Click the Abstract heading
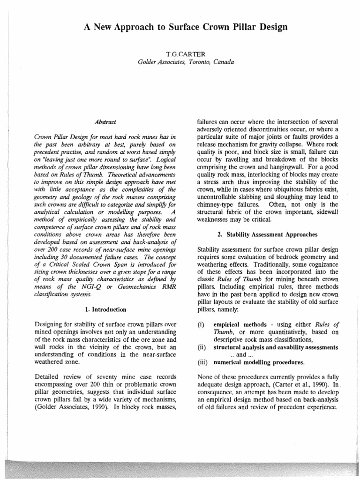(105, 122)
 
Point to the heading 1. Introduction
(105, 309)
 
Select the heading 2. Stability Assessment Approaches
(265, 234)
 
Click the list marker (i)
(201, 325)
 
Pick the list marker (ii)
(202, 347)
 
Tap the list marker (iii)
(202, 362)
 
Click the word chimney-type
(216, 204)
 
